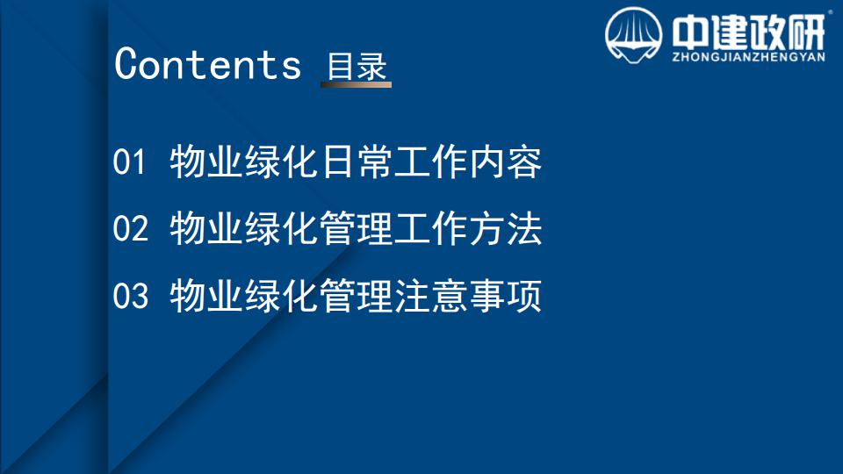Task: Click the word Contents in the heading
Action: pos(207,64)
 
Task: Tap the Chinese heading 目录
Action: pos(357,67)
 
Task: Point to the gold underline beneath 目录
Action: pos(356,84)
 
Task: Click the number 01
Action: pos(129,162)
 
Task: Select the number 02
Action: pos(130,228)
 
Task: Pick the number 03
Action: pos(130,296)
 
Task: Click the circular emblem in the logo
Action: pos(633,35)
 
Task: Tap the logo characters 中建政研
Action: pos(748,32)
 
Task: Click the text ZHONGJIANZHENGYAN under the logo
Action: pos(748,57)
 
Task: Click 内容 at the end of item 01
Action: pos(506,162)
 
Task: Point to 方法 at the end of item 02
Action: pos(506,228)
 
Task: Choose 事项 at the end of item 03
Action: pos(506,296)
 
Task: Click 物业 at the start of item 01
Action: pos(205,162)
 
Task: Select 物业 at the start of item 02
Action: pos(205,228)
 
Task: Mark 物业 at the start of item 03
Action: pos(205,296)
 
